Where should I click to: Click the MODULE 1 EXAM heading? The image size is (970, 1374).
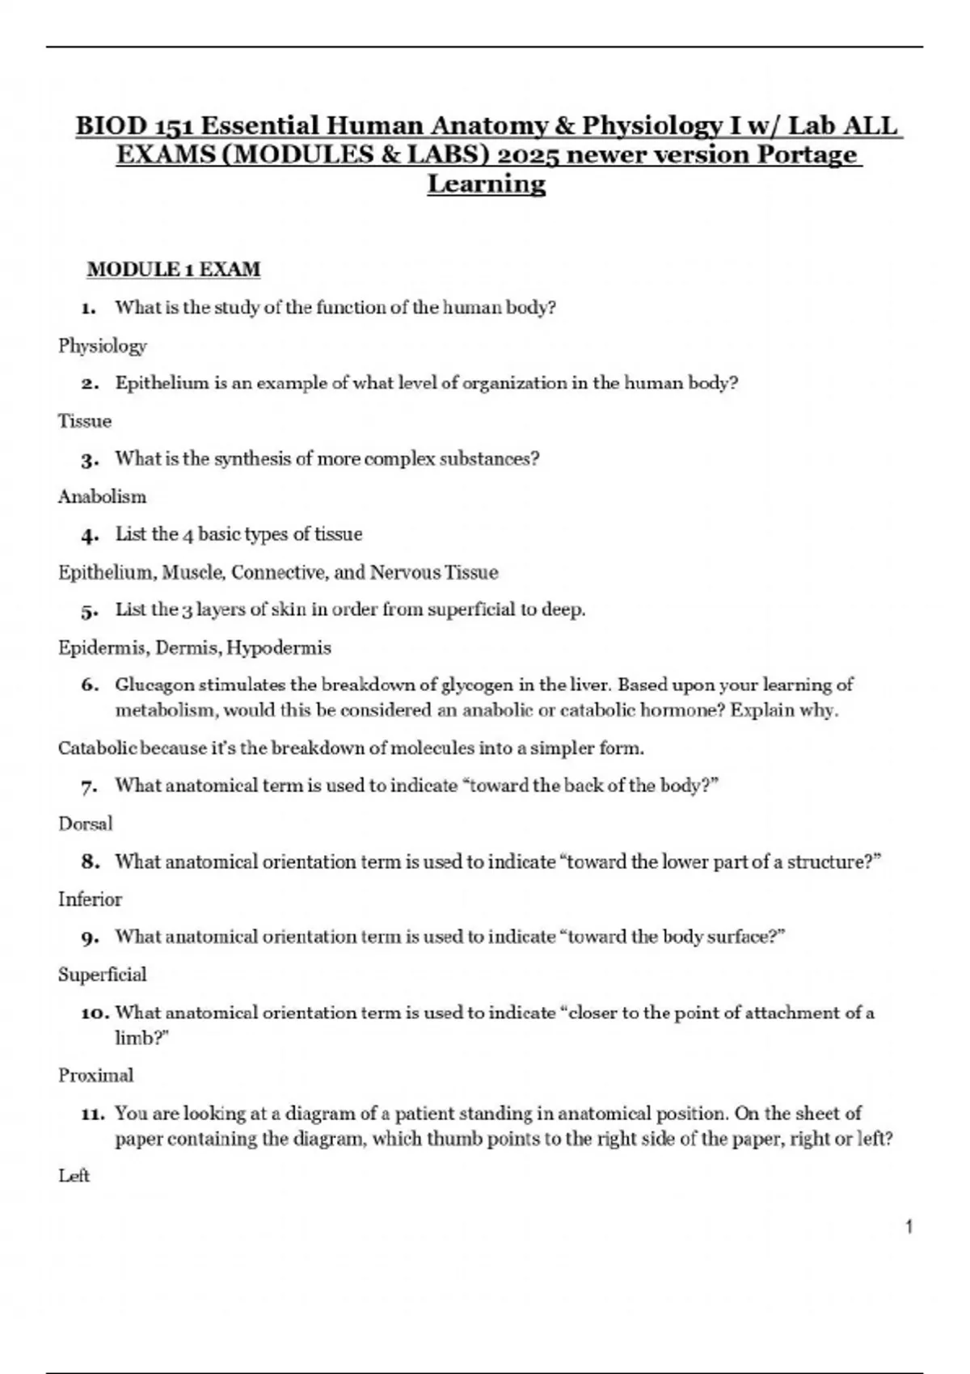pyautogui.click(x=173, y=269)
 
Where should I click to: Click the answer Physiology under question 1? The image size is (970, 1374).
pyautogui.click(x=102, y=346)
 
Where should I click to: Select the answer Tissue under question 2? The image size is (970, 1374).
pyautogui.click(x=85, y=421)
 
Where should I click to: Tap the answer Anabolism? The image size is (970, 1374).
pyautogui.click(x=102, y=496)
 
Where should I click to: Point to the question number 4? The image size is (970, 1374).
pyautogui.click(x=89, y=535)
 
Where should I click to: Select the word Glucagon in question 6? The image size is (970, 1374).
pyautogui.click(x=154, y=685)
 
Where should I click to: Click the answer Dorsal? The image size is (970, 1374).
pyautogui.click(x=85, y=824)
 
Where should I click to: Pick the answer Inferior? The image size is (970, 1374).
pyautogui.click(x=90, y=899)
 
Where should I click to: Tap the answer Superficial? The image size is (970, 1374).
pyautogui.click(x=102, y=974)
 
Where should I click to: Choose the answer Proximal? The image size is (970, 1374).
pyautogui.click(x=95, y=1075)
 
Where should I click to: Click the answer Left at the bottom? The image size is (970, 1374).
pyautogui.click(x=74, y=1175)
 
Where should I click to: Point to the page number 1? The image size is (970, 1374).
pyautogui.click(x=909, y=1227)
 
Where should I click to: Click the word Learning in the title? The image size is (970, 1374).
pyautogui.click(x=486, y=183)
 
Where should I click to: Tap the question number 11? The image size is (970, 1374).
pyautogui.click(x=93, y=1114)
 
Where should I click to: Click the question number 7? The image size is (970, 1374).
pyautogui.click(x=89, y=786)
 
